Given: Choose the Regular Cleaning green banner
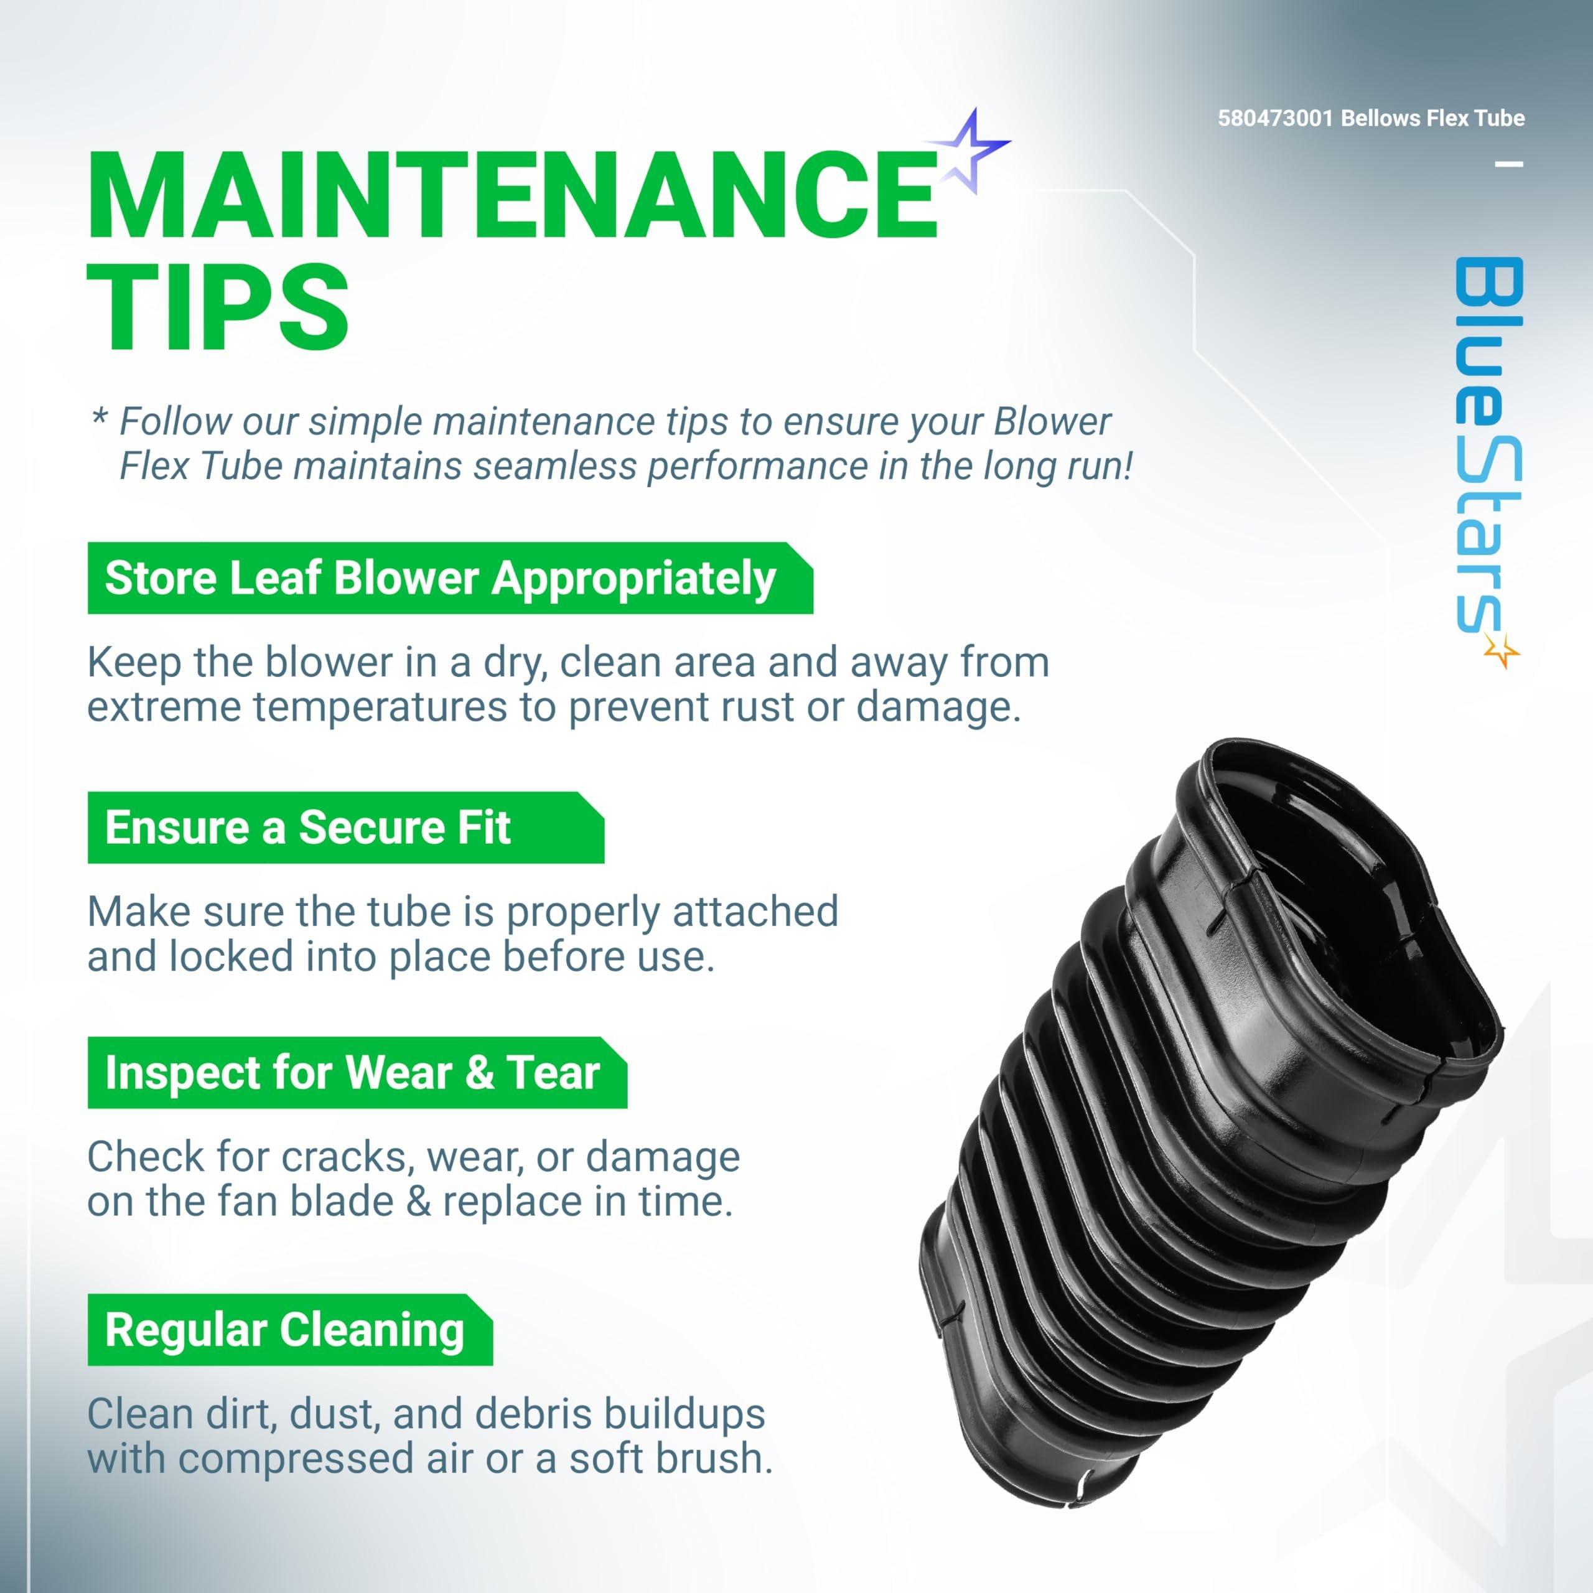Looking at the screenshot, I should [x=289, y=1330].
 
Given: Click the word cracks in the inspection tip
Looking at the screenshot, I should [x=347, y=1157].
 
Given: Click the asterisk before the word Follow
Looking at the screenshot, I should [x=99, y=416].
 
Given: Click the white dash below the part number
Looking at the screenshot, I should [x=1510, y=164].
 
